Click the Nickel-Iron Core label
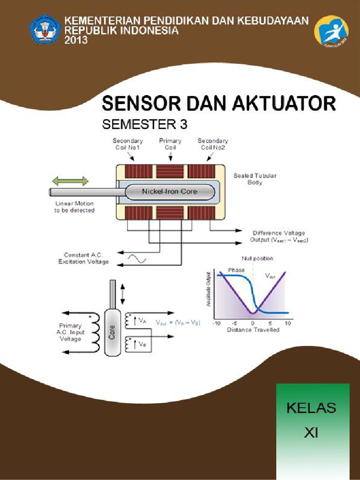coord(170,191)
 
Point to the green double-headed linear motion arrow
coord(70,181)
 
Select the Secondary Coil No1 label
coord(128,143)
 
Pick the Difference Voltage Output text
coord(278,236)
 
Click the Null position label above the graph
coord(257,258)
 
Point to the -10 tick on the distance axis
coord(217,323)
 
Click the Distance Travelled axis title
coord(253,330)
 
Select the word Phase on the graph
coord(236,270)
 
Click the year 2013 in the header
coord(76,41)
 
